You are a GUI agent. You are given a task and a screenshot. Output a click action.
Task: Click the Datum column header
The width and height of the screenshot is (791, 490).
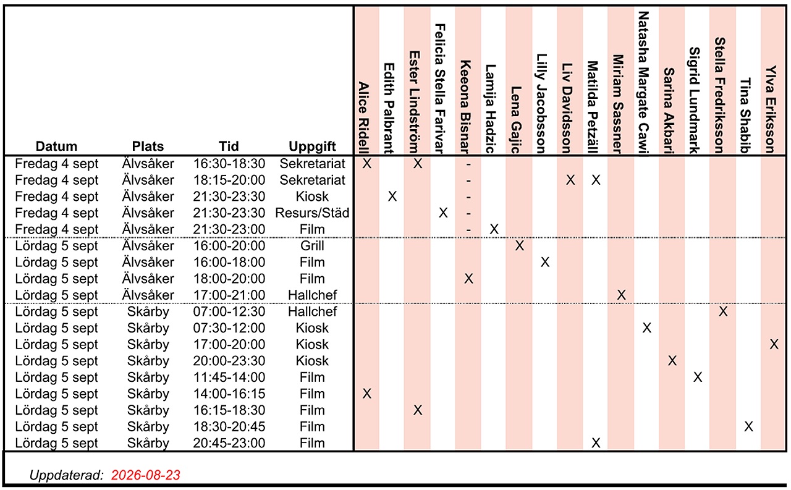[x=56, y=146]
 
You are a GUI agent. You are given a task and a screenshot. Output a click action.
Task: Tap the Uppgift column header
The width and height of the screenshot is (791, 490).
[x=312, y=146]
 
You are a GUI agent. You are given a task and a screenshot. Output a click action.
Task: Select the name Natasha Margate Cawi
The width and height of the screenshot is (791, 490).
[x=644, y=83]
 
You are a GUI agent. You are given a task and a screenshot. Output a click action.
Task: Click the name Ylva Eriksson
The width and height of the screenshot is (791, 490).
[x=771, y=109]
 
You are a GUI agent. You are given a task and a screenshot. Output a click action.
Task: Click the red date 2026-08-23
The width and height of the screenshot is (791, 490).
[x=145, y=475]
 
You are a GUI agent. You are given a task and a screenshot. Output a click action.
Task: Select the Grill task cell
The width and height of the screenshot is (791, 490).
[x=312, y=246]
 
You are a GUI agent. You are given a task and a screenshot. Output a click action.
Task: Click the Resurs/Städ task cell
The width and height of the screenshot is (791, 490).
[x=312, y=213]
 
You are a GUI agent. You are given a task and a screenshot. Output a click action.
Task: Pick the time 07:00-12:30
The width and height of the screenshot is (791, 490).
[x=229, y=311]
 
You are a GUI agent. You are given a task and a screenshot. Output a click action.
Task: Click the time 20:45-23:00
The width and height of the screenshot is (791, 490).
[x=229, y=443]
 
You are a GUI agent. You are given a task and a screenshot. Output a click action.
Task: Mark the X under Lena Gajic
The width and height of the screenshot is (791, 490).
[x=520, y=246]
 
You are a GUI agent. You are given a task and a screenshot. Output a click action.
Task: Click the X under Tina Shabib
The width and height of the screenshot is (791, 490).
[x=748, y=426]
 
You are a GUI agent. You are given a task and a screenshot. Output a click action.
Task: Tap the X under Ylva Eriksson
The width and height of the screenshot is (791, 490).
[x=774, y=344]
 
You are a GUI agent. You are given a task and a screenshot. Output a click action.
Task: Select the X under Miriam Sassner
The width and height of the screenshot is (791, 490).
[x=621, y=295]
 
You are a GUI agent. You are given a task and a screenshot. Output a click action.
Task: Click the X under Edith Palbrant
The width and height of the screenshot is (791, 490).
[x=392, y=196]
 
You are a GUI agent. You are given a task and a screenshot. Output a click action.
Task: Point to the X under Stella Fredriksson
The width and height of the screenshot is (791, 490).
[x=723, y=311]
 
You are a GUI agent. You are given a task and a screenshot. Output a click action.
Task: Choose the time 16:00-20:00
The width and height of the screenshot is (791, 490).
[x=229, y=246]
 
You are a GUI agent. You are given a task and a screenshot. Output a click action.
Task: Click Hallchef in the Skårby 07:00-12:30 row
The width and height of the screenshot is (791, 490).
[x=312, y=311]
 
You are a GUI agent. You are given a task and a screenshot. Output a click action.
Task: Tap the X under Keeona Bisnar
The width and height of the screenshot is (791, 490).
[x=468, y=279]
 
